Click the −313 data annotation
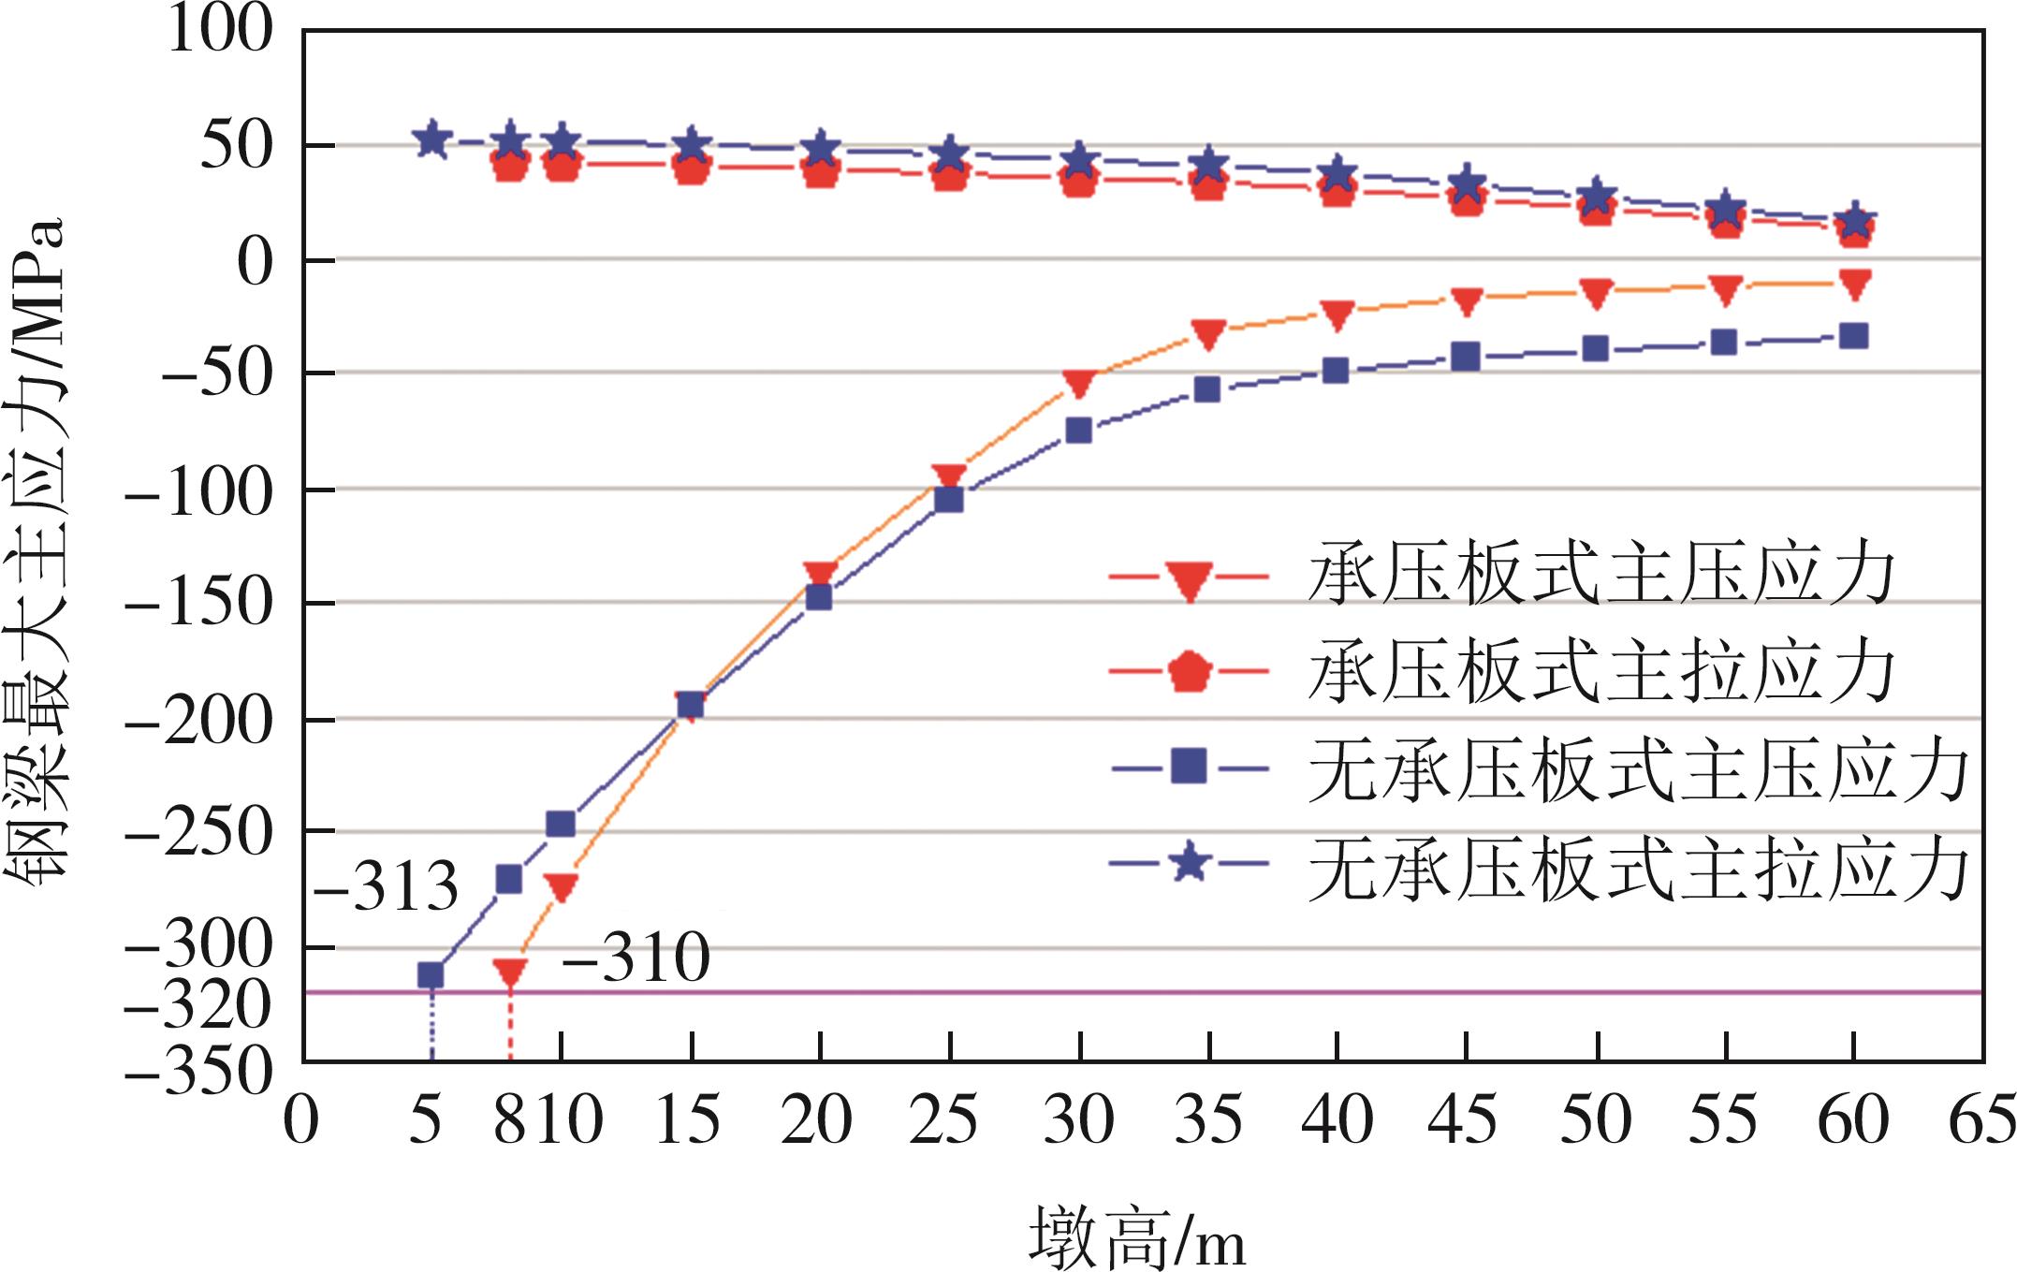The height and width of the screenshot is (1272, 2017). pyautogui.click(x=387, y=886)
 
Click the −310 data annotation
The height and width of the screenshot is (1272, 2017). pyautogui.click(x=636, y=958)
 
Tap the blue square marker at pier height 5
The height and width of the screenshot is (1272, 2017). pyautogui.click(x=431, y=975)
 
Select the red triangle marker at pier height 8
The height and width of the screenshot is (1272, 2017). pyautogui.click(x=510, y=972)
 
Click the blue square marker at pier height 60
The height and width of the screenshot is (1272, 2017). pyautogui.click(x=1854, y=336)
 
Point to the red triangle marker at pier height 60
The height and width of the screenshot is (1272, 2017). pyautogui.click(x=1854, y=284)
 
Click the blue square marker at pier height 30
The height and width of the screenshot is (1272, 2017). pyautogui.click(x=1079, y=431)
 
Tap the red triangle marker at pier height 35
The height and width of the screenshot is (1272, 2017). pyautogui.click(x=1208, y=334)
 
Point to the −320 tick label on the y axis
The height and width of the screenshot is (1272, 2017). pyautogui.click(x=198, y=1009)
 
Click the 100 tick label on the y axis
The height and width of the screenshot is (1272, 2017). pyautogui.click(x=220, y=30)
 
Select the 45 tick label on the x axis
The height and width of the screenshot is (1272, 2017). pyautogui.click(x=1463, y=1120)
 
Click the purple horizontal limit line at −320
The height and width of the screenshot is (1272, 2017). pyautogui.click(x=1123, y=992)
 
